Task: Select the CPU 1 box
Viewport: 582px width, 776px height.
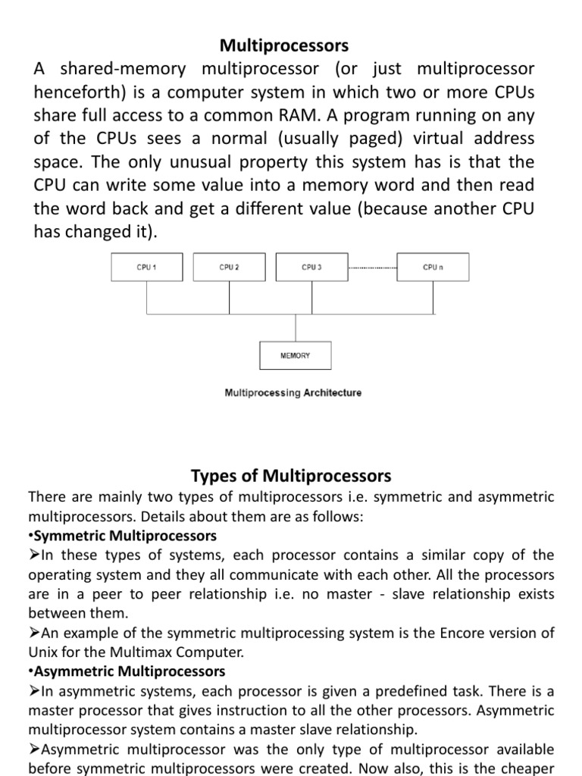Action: [146, 267]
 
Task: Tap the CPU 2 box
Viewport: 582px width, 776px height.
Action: [229, 267]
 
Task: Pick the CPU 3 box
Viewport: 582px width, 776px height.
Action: [311, 267]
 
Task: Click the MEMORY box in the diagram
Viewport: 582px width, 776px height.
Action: [295, 355]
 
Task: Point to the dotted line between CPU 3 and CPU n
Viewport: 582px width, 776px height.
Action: [372, 268]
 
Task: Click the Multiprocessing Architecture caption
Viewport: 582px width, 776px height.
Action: [293, 393]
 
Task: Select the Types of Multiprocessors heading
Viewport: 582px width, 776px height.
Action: [291, 476]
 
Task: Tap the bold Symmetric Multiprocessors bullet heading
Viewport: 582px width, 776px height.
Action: [124, 536]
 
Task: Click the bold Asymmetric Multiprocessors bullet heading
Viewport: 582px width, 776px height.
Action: [128, 671]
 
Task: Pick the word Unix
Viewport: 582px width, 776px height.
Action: [42, 651]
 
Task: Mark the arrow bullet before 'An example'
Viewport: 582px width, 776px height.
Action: [33, 632]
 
